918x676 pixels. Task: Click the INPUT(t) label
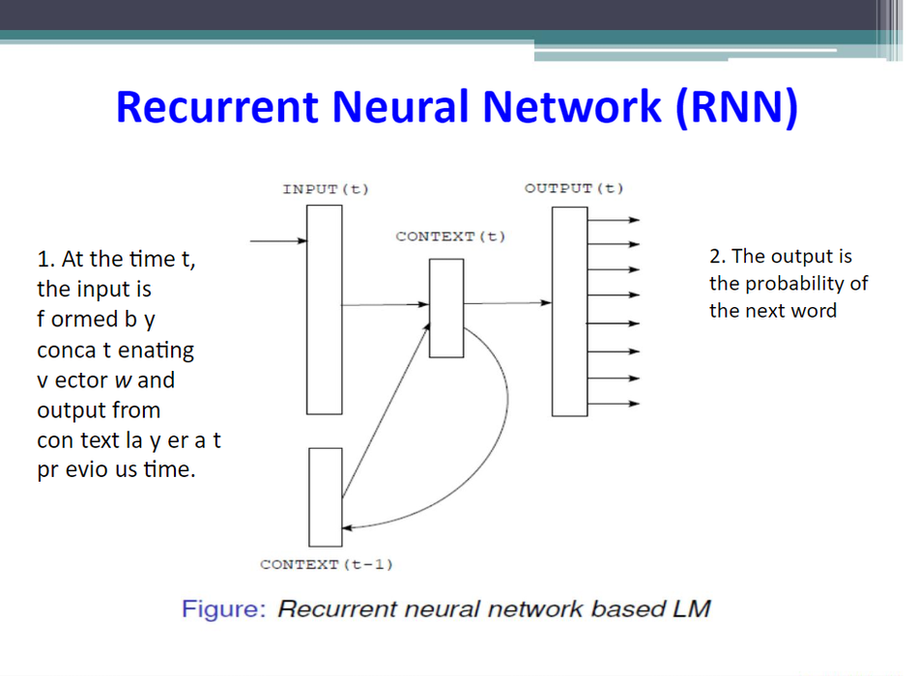326,189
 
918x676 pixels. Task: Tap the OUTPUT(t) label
574,188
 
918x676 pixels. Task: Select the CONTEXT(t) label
450,237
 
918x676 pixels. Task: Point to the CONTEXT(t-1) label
327,564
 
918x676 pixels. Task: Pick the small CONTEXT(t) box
446,313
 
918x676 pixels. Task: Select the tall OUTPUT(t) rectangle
569,311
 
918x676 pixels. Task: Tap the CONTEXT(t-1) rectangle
326,496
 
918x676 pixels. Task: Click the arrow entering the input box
278,240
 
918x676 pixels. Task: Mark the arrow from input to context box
386,305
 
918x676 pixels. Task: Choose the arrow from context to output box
507,303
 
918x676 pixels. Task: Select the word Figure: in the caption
223,610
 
